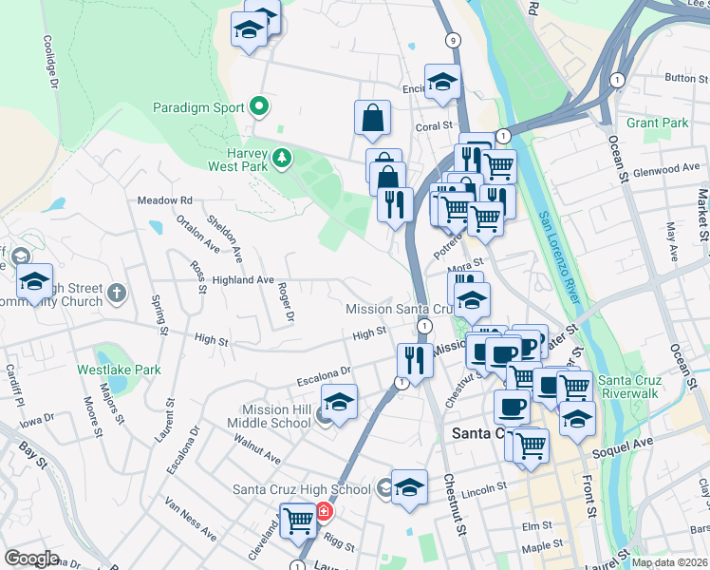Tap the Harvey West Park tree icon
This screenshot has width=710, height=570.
[x=281, y=158]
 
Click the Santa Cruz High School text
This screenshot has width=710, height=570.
[x=302, y=489]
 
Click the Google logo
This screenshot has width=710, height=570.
[x=31, y=558]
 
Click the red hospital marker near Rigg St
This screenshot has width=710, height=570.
[x=324, y=512]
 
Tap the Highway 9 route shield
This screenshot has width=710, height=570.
[x=453, y=40]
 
